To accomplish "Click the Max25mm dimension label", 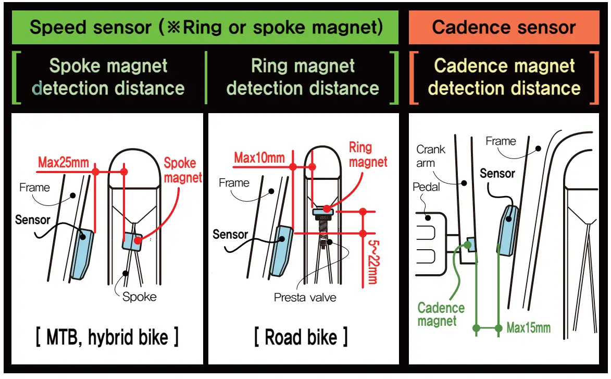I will point(63,163).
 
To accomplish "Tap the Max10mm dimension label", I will point(259,157).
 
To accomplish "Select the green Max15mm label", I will point(528,328).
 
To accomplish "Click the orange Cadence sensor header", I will point(504,27).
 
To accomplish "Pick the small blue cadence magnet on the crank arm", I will point(470,244).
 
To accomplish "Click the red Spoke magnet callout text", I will point(183,170).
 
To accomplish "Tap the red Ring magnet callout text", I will point(368,154).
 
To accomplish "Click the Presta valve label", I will point(305,298).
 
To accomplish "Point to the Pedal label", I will point(426,187).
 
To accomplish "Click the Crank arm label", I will point(431,156).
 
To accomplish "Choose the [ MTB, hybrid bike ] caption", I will point(107,338).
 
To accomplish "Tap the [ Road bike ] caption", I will point(301,337).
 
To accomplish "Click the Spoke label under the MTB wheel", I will point(139,297).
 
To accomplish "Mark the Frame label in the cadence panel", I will point(501,141).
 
